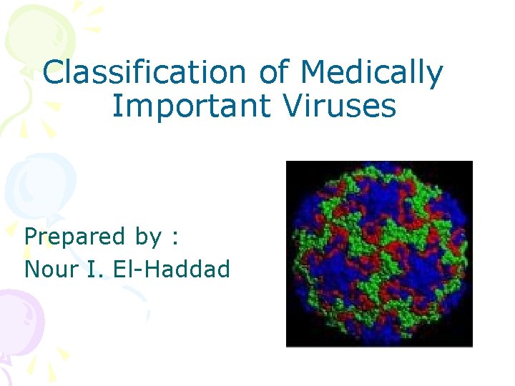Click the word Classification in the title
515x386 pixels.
[x=143, y=73]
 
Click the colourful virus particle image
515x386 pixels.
[x=379, y=254]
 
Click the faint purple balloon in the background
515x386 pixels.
[x=18, y=322]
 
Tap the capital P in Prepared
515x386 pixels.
[x=31, y=236]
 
